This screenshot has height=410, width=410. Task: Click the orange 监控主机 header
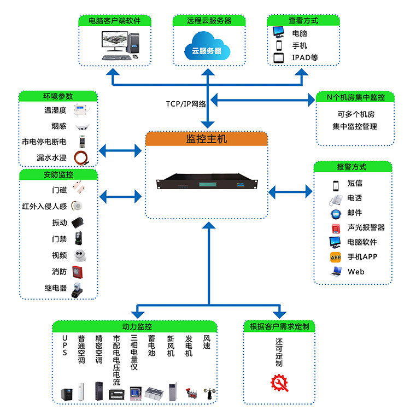(207, 139)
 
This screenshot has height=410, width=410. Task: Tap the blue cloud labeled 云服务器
(207, 46)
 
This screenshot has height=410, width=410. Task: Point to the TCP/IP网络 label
(186, 104)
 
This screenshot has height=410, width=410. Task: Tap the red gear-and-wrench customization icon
(279, 383)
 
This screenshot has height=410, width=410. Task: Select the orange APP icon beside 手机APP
(336, 257)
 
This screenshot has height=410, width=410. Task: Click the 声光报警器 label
(366, 227)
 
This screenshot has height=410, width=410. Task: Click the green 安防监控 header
(58, 175)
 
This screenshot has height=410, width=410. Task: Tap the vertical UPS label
(65, 346)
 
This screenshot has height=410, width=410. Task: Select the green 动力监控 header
(137, 326)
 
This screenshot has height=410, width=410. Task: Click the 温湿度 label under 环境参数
(55, 110)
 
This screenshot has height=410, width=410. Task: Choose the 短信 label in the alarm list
(354, 183)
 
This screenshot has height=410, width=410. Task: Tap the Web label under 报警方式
(356, 272)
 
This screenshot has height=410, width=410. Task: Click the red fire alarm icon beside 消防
(79, 271)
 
